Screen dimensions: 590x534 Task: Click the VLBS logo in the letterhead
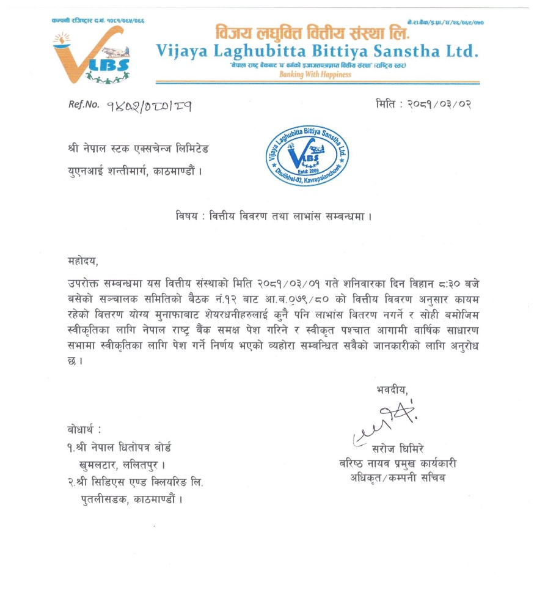pyautogui.click(x=91, y=57)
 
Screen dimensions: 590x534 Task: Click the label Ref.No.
pyautogui.click(x=84, y=105)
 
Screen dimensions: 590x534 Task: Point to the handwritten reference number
pyautogui.click(x=148, y=105)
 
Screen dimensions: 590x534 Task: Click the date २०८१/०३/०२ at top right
pyautogui.click(x=437, y=104)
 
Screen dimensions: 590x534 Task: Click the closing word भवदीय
pyautogui.click(x=390, y=388)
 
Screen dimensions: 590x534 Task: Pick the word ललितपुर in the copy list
pyautogui.click(x=146, y=464)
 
